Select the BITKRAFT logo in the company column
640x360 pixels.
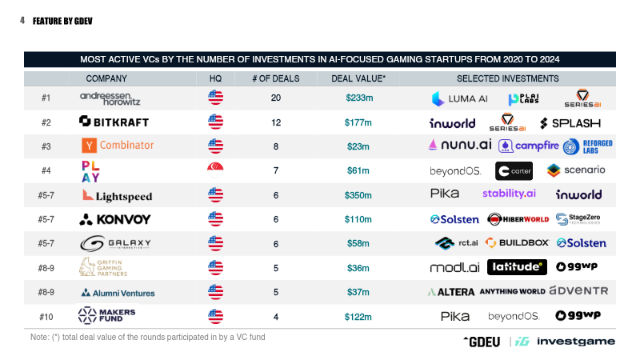[x=114, y=122]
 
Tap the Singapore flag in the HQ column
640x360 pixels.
[x=215, y=170]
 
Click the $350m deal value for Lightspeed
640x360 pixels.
[x=358, y=195]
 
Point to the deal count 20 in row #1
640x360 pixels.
[x=276, y=98]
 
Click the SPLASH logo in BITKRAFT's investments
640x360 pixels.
[x=570, y=123]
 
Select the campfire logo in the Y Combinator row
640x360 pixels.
[x=527, y=146]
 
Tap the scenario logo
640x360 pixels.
[x=576, y=170]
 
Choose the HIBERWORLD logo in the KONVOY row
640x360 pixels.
[x=518, y=219]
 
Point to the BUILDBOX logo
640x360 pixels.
[x=518, y=243]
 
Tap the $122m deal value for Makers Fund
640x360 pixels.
[x=358, y=317]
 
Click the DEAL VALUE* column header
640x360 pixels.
[x=358, y=78]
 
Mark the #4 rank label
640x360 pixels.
[x=46, y=170]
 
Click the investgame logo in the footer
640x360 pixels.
[x=576, y=342]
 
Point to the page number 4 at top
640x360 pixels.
[x=22, y=22]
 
